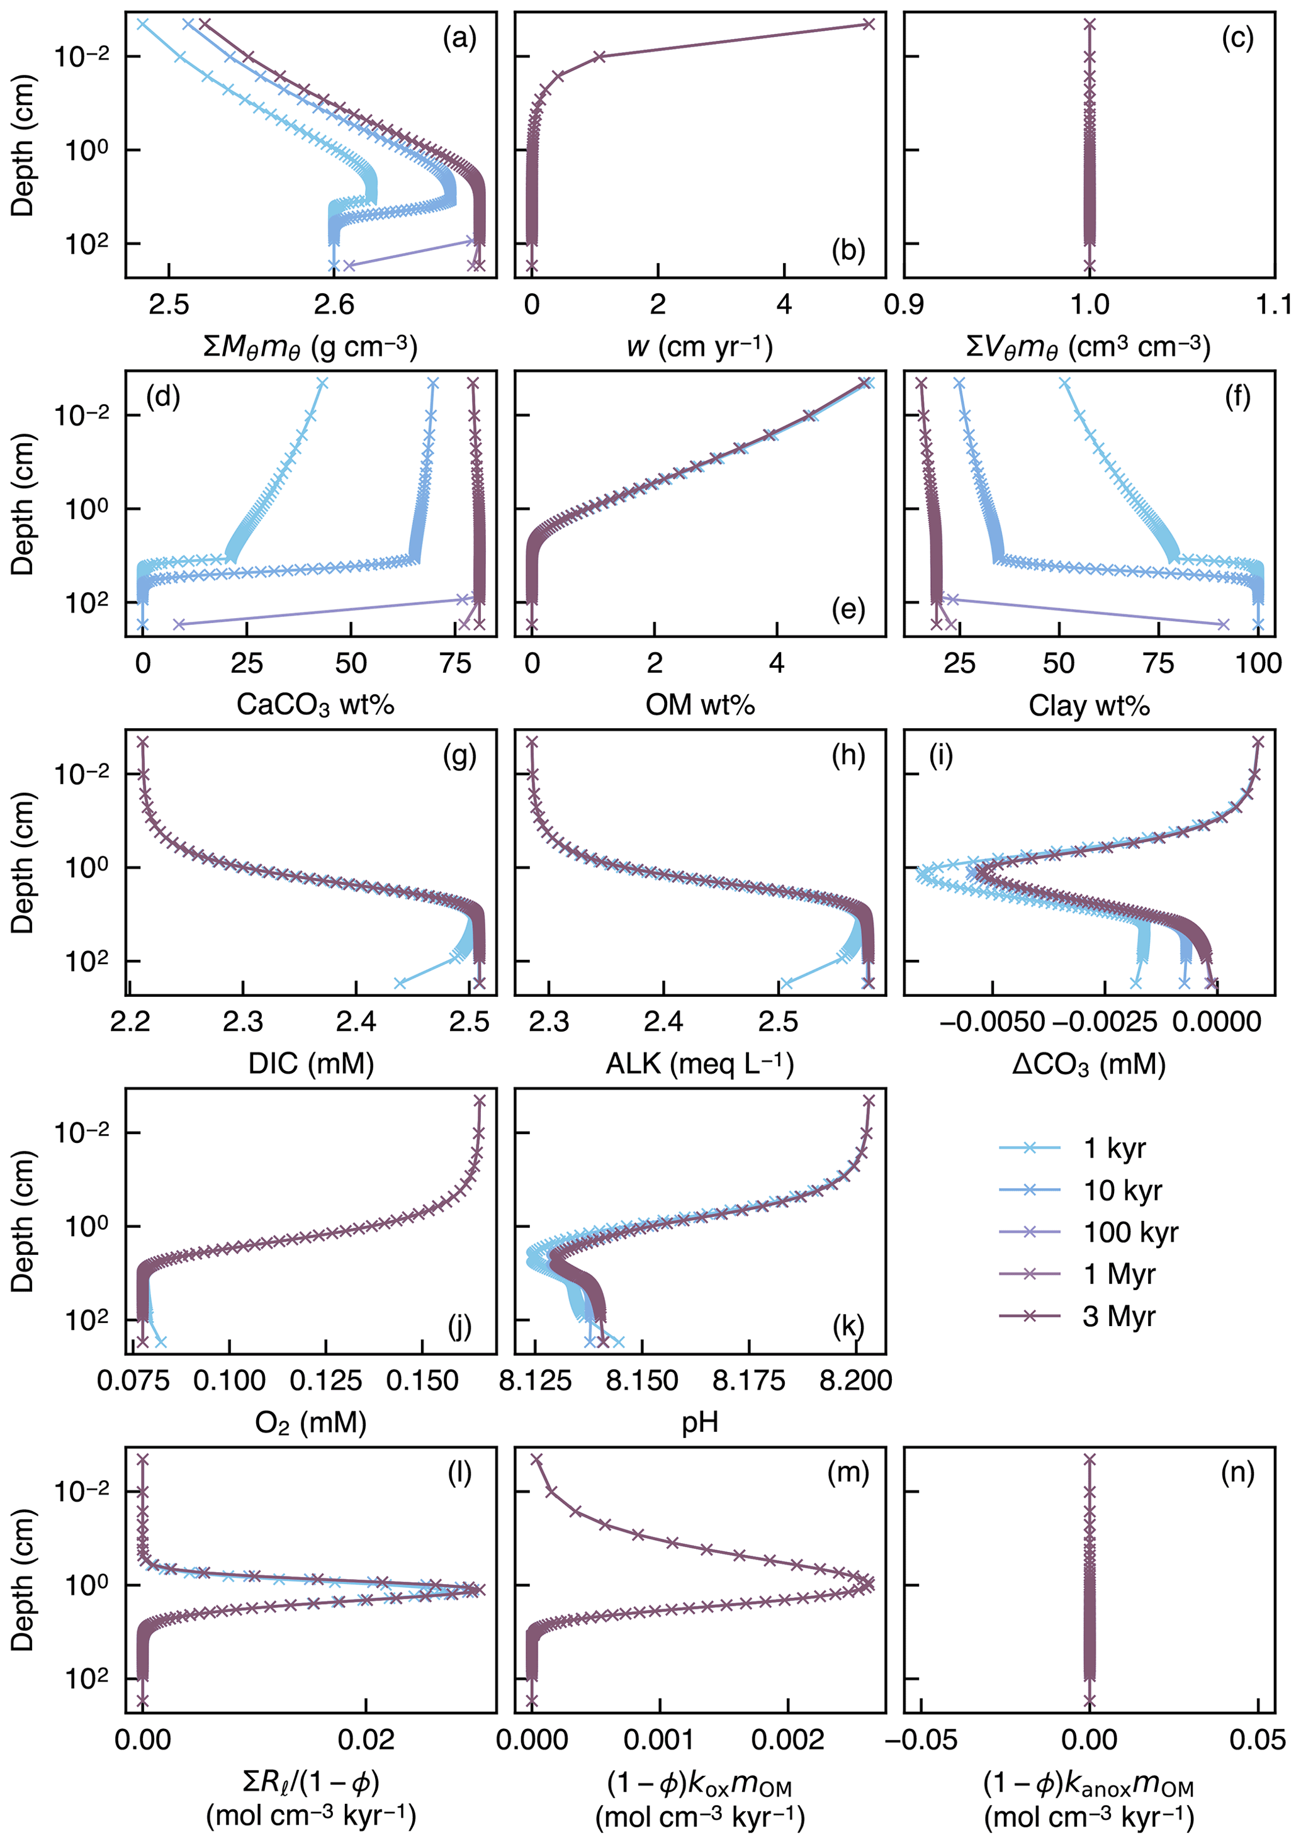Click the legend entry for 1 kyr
point(1115,1149)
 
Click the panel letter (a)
point(459,38)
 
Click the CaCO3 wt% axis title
point(315,705)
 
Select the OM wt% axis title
point(699,705)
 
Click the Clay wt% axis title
point(1089,705)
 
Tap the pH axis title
point(699,1422)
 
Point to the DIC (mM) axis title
point(311,1064)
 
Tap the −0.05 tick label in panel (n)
point(920,1740)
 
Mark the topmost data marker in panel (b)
point(868,24)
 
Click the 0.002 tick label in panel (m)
point(787,1740)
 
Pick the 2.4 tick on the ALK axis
point(663,1021)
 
